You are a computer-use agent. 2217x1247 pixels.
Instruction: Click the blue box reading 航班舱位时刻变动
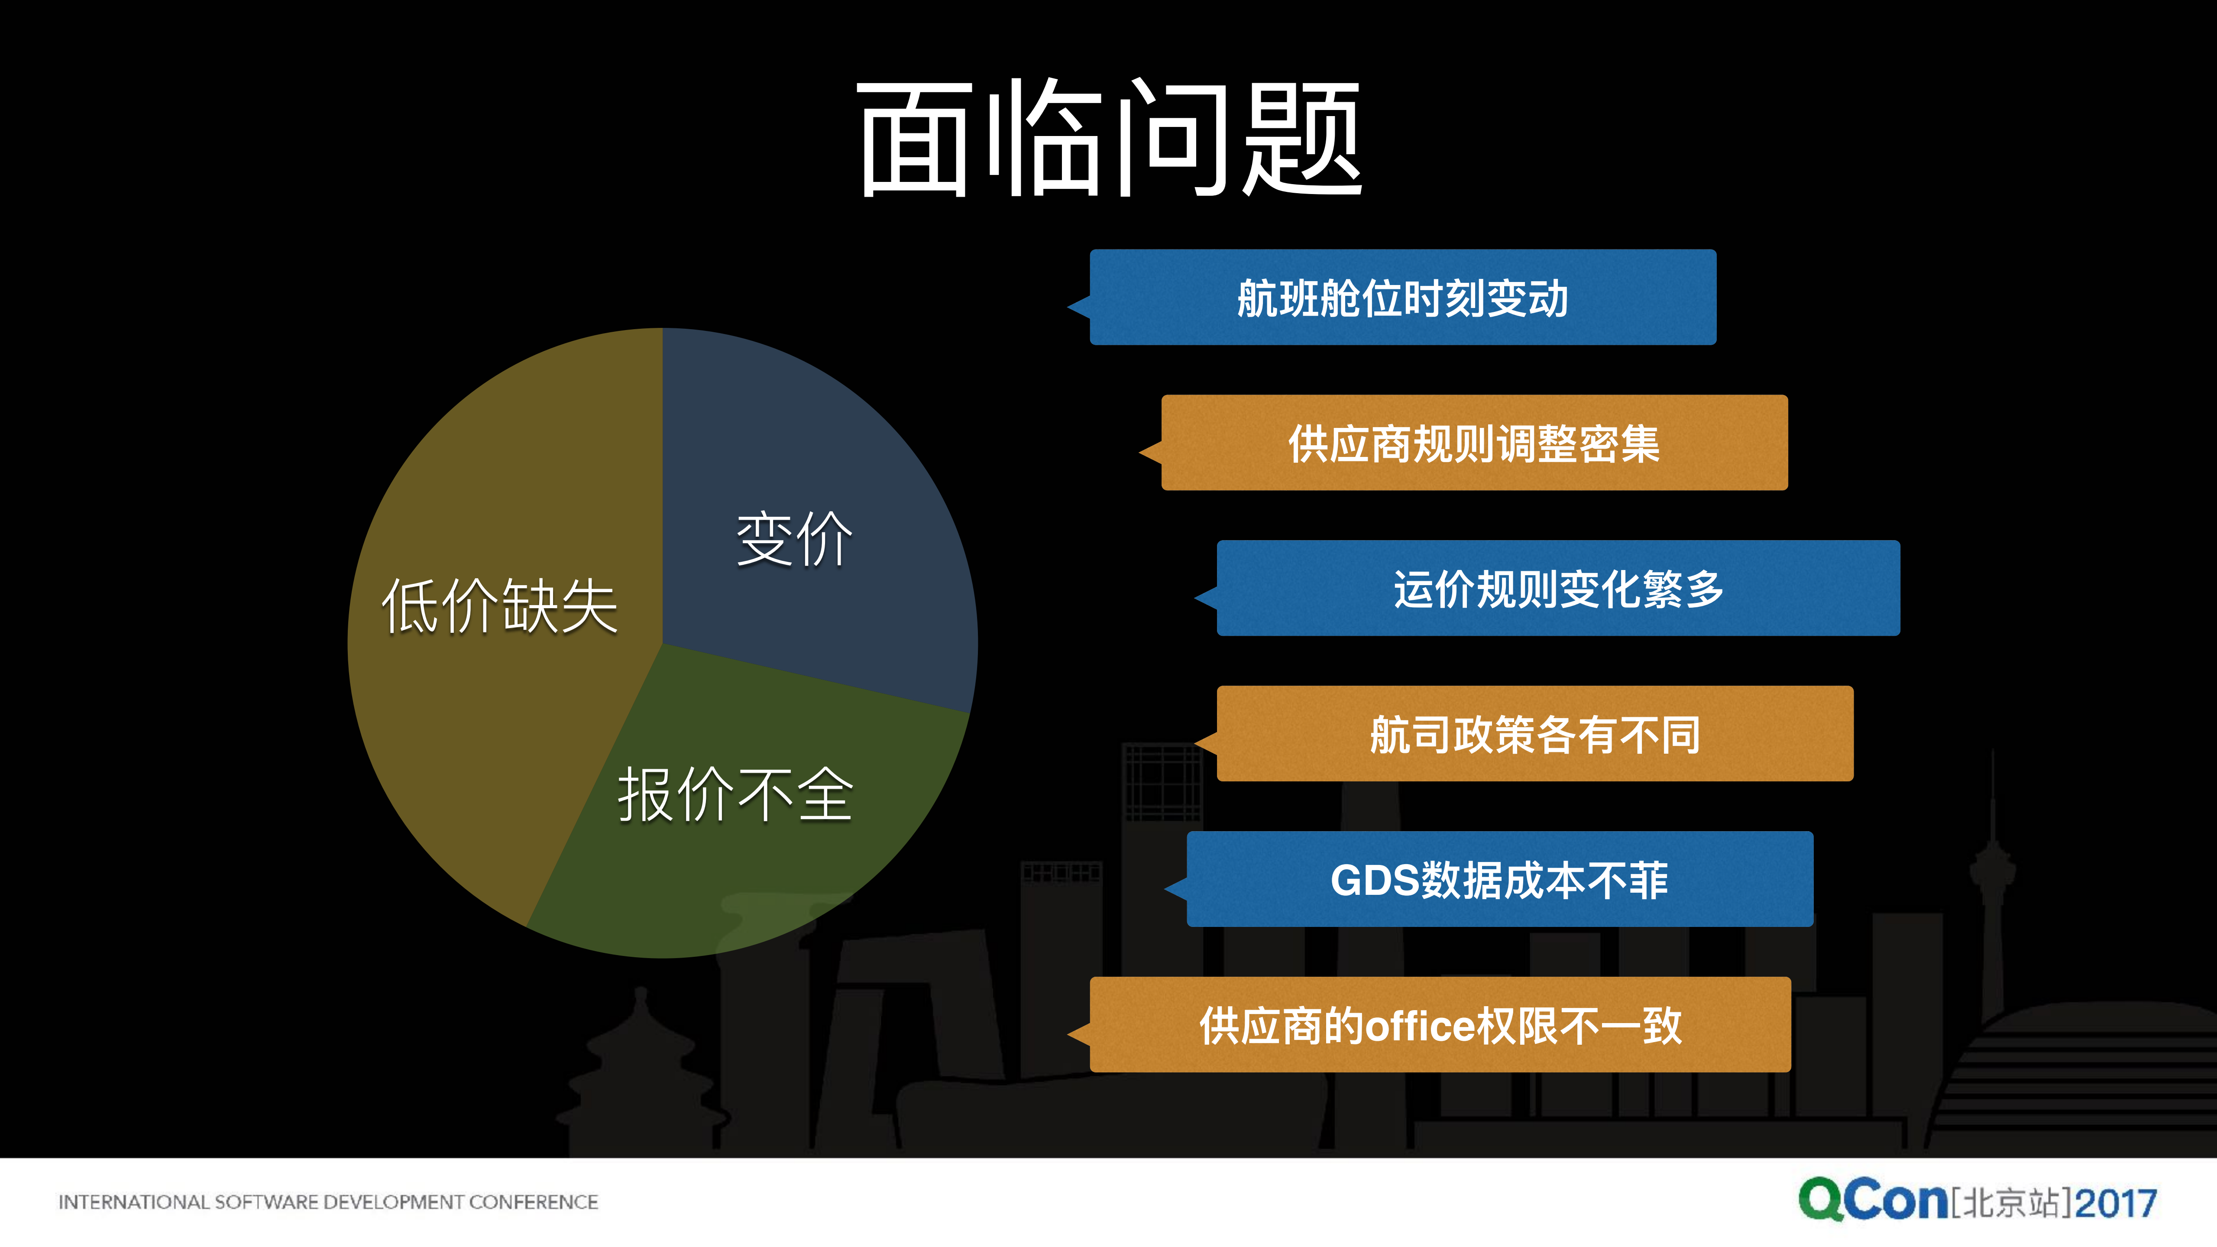1403,298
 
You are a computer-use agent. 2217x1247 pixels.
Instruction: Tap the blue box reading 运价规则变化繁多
1558,589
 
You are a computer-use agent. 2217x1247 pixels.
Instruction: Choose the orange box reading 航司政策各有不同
1534,734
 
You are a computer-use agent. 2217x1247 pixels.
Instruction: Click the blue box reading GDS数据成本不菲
1499,880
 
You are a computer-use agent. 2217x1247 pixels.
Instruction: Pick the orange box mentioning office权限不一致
1440,1025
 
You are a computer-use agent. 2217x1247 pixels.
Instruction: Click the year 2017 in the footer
2116,1202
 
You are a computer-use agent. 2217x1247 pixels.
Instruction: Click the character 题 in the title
1301,138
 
